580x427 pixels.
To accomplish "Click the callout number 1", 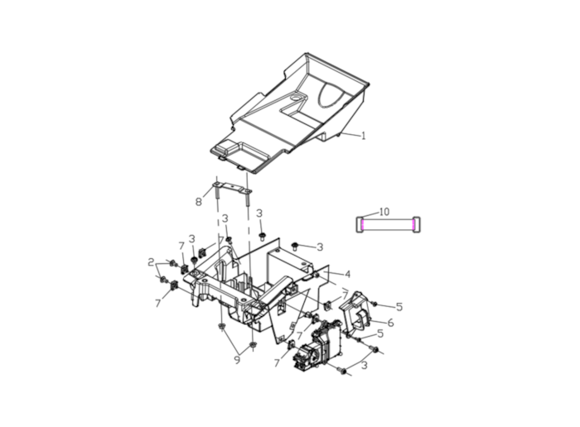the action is click(x=363, y=136).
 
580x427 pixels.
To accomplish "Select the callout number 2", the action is click(x=151, y=262).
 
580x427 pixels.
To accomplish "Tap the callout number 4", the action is click(x=347, y=274).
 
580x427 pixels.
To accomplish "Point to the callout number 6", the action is click(x=390, y=323).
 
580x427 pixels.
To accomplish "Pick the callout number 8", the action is click(x=199, y=202).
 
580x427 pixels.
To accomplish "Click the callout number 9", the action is click(x=237, y=359).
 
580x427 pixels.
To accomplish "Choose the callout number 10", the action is click(x=384, y=212).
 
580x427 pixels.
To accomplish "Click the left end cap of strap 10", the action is click(x=360, y=224).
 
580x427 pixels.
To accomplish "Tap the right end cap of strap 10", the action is click(x=416, y=224).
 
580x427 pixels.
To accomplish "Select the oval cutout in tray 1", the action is click(x=332, y=95).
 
